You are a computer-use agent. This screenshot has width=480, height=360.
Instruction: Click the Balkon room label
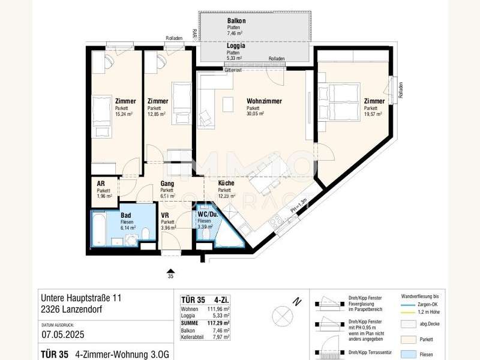(236, 21)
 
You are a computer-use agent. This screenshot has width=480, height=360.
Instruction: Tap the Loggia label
(235, 46)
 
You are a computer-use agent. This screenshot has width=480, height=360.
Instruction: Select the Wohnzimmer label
(264, 101)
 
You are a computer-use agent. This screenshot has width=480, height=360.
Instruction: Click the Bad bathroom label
(125, 215)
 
